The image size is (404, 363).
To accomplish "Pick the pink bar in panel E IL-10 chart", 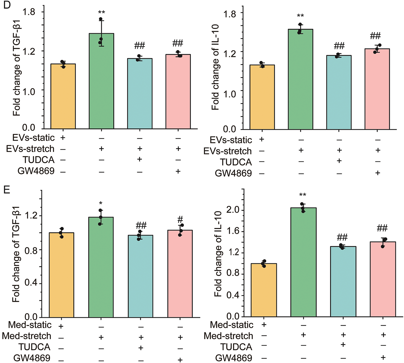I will pyautogui.click(x=383, y=279).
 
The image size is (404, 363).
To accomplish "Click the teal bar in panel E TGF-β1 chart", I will pyautogui.click(x=140, y=276).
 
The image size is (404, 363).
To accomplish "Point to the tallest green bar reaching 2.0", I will pyautogui.click(x=303, y=262).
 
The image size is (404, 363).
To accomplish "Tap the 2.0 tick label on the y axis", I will pyautogui.click(x=233, y=210).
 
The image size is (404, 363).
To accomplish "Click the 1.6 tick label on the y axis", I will pyautogui.click(x=233, y=231).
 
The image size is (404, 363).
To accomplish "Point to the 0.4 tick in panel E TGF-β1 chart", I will pyautogui.click(x=31, y=283).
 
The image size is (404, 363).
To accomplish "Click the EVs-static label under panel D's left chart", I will pyautogui.click(x=33, y=137).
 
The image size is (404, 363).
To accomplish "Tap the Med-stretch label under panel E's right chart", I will pyautogui.click(x=228, y=336).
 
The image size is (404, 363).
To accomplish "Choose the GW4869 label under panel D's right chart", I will pyautogui.click(x=233, y=173).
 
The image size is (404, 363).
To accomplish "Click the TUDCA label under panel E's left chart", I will pyautogui.click(x=34, y=347).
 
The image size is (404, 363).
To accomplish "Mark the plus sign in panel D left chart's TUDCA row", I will pyautogui.click(x=140, y=159).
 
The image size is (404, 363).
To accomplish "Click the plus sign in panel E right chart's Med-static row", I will pyautogui.click(x=264, y=324).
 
